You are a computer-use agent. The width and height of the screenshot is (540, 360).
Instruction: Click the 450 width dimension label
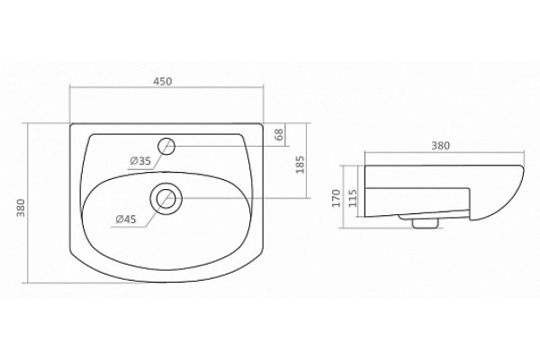tap(162, 82)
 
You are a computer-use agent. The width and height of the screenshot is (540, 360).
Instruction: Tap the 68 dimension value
tap(279, 134)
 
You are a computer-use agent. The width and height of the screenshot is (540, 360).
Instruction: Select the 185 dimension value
tap(300, 165)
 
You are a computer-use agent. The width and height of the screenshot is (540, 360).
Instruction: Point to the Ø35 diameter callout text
tap(140, 160)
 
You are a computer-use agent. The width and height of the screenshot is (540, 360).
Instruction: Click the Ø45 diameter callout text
tap(126, 219)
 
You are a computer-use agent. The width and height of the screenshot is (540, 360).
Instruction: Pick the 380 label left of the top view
tap(21, 207)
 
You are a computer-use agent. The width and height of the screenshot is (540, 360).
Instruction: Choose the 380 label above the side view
tap(440, 146)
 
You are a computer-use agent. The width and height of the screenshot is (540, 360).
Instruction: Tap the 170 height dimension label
tap(336, 198)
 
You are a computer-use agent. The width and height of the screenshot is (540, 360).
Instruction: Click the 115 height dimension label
tap(353, 198)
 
